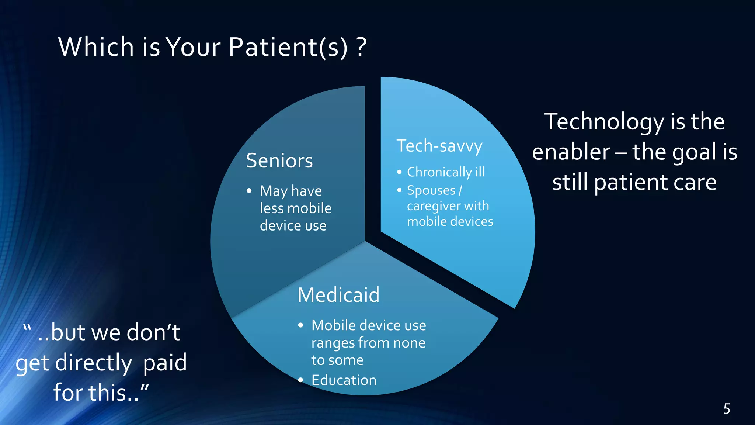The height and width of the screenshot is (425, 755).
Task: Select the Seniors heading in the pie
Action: (279, 161)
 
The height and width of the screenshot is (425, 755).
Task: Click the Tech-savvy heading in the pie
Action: (439, 146)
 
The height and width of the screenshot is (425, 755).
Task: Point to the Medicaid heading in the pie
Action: (338, 295)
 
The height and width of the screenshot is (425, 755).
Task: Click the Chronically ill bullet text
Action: (445, 172)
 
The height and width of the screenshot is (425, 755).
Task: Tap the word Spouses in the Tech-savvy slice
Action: (431, 190)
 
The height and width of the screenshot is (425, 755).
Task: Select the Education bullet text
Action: (344, 380)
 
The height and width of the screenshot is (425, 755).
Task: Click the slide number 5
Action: (727, 409)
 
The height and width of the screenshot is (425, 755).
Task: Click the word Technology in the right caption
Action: (605, 122)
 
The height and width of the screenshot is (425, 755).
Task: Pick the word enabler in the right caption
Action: (571, 152)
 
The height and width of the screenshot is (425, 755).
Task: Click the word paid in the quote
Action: (165, 363)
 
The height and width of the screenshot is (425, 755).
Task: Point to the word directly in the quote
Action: (94, 363)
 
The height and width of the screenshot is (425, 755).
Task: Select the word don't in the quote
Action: (153, 332)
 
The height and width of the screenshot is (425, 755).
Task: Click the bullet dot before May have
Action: (249, 191)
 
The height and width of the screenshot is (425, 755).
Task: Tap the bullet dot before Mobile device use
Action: (301, 325)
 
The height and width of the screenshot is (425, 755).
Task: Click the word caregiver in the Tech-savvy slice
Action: (431, 206)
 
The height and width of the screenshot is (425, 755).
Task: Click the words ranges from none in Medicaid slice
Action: (368, 343)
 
